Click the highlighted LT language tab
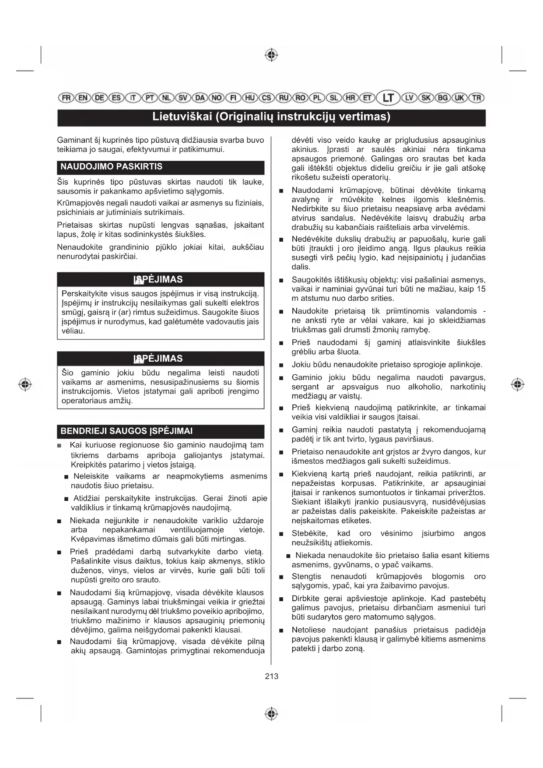pos(388,98)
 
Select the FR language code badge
pos(66,98)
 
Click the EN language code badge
pos(83,98)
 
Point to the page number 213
pos(271,676)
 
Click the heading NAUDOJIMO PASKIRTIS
pos(111,167)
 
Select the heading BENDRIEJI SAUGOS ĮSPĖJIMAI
pos(126,431)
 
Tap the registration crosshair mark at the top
pos(271,55)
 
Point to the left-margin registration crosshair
pos(25,384)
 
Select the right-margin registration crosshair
pos(518,384)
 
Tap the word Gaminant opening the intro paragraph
pos(74,140)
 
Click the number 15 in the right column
pos(481,289)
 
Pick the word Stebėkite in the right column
pos(309,533)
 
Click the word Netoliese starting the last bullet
pos(308,630)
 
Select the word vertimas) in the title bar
pos(366,117)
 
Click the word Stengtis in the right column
pos(306,576)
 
